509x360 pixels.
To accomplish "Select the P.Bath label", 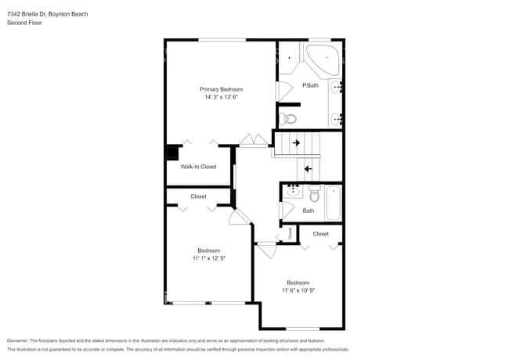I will click(310, 85).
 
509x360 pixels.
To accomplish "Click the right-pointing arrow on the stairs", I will click(296, 143).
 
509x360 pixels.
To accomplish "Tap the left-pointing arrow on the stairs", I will click(308, 167).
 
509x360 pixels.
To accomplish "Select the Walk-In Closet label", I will click(198, 167).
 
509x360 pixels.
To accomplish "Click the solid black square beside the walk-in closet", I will click(171, 153).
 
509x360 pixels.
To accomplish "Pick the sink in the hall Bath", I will click(292, 191).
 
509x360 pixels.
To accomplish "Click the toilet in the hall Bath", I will click(314, 193).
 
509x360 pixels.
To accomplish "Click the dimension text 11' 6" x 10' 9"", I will click(298, 290).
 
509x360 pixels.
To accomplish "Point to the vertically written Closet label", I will click(289, 232).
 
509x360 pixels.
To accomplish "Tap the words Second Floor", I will click(24, 23).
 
